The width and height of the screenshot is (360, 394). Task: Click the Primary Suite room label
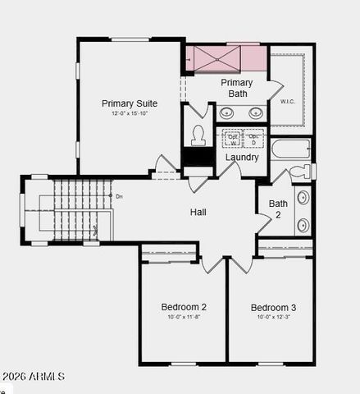tap(130, 103)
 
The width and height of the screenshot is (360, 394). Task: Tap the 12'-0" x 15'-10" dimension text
tap(130, 113)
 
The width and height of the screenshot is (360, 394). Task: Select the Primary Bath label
tap(237, 88)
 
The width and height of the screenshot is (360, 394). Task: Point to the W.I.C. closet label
tap(287, 102)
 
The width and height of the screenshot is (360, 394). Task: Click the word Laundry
tap(242, 158)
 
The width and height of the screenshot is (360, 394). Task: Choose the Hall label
tap(198, 212)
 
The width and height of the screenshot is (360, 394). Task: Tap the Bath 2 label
tap(278, 208)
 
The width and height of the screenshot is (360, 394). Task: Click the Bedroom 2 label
tap(184, 307)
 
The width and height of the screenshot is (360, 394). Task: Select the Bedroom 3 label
tap(273, 307)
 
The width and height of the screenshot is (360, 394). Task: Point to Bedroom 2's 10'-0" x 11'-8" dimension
tap(184, 317)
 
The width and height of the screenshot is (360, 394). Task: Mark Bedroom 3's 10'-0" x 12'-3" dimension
tap(273, 317)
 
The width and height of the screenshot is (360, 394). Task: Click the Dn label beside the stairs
tap(119, 196)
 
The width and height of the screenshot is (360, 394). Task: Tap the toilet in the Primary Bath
tap(198, 135)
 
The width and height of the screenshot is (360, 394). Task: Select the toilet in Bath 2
tap(301, 172)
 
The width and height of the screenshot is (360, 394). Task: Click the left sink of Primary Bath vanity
tap(227, 113)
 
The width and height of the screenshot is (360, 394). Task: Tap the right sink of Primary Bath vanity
tap(256, 113)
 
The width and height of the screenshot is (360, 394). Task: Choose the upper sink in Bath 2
tap(303, 197)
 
